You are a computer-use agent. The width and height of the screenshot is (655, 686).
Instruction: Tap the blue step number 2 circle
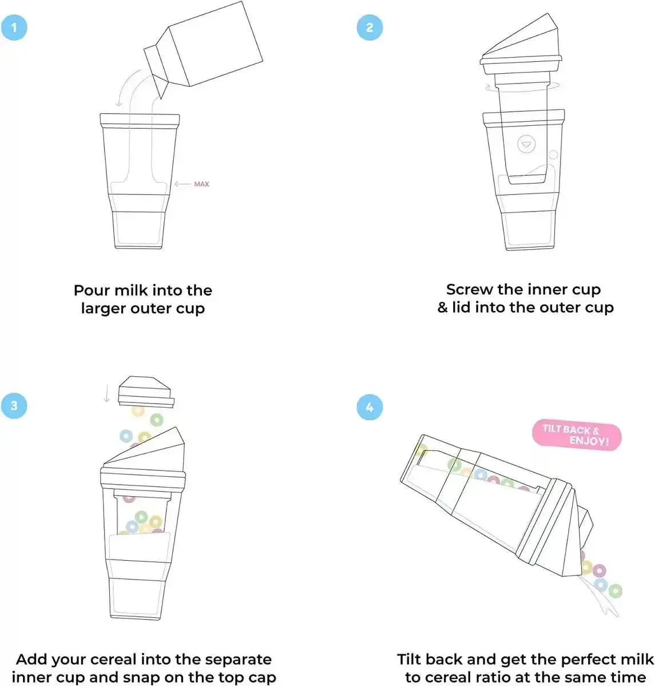coord(370,27)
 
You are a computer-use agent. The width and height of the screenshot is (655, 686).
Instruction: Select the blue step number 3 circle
coord(14,405)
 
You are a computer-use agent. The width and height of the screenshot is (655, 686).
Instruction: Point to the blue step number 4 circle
coord(370,406)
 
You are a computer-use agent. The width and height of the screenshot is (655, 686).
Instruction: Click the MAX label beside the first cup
coord(202,184)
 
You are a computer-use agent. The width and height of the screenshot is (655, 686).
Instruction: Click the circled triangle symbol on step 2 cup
coord(526,144)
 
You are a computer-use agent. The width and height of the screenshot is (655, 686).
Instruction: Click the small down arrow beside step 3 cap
coord(106,394)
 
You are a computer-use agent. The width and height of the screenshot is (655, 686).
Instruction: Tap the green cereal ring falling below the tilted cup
coord(615,590)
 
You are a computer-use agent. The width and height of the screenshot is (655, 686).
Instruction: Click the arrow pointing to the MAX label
coord(182,184)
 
